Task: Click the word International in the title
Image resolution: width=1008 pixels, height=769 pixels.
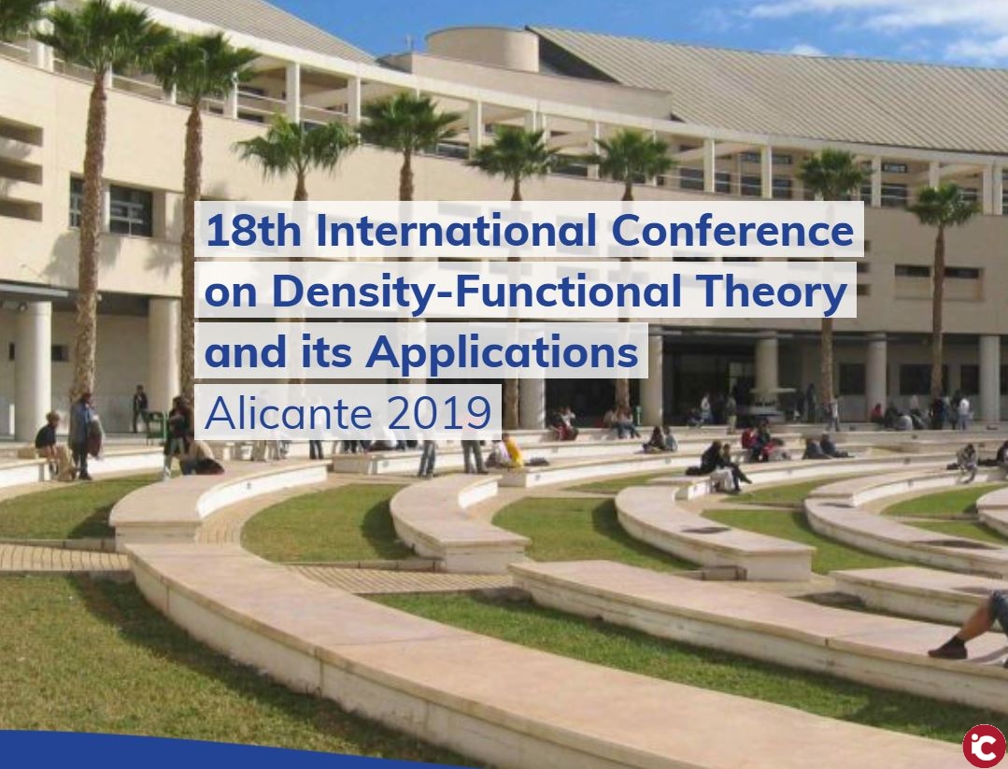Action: (x=457, y=230)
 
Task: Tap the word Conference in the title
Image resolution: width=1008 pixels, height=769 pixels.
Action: (x=732, y=230)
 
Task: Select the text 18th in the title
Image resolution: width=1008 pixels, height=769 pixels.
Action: (x=253, y=230)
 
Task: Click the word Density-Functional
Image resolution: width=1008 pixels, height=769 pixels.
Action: (x=476, y=292)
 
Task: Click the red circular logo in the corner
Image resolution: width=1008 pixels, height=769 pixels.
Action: (x=985, y=747)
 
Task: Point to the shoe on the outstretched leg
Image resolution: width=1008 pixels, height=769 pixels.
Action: (x=947, y=648)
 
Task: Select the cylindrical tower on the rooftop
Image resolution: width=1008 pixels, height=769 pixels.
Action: (x=482, y=50)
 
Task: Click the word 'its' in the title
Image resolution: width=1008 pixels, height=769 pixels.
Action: (x=326, y=352)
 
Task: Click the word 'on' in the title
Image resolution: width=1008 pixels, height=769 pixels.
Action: (x=231, y=292)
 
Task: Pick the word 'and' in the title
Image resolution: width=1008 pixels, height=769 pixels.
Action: (x=246, y=352)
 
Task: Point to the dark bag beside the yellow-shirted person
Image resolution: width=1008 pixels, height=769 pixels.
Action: (x=536, y=462)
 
